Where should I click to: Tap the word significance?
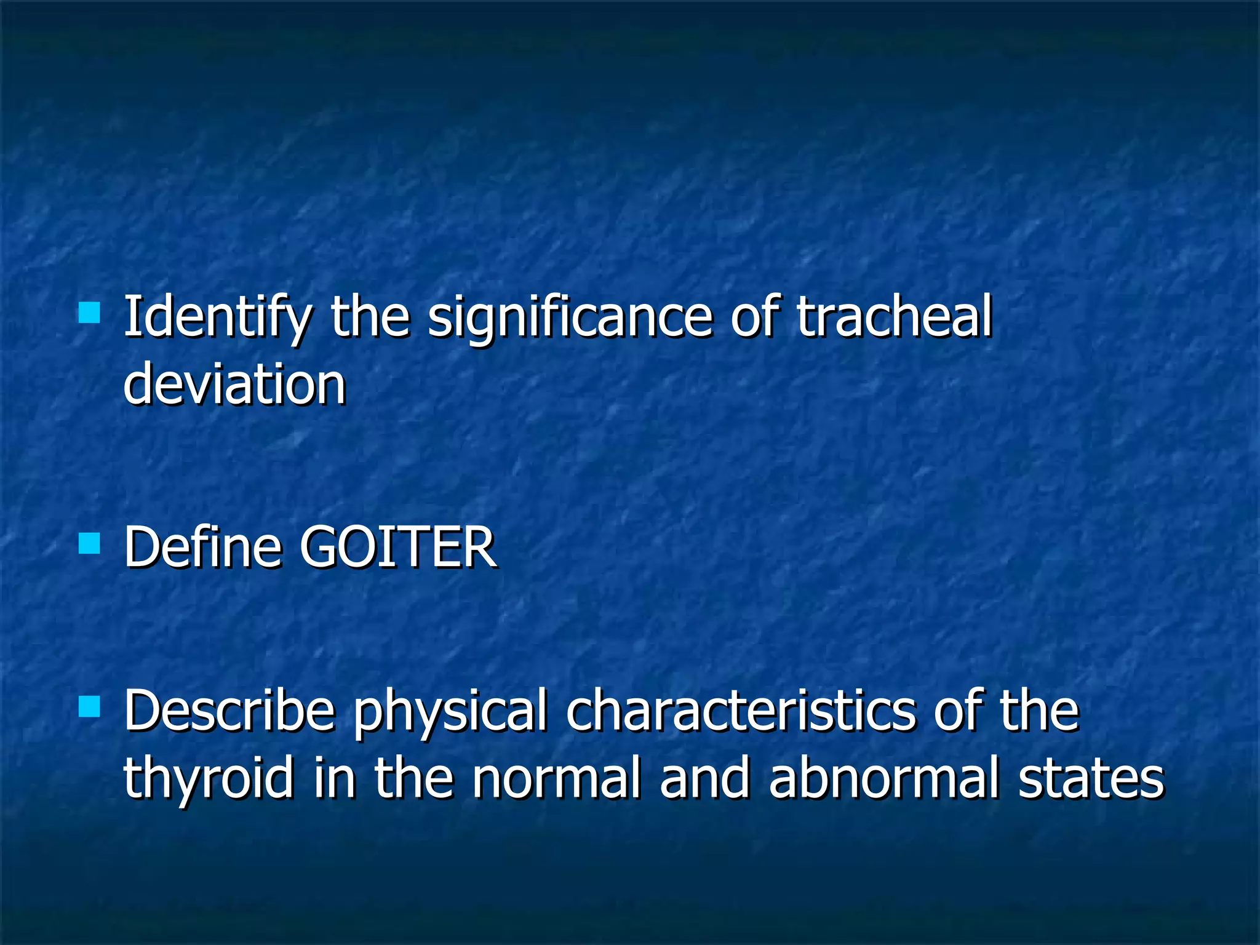tap(570, 319)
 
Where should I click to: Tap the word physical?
tap(450, 712)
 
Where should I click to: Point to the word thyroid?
tap(209, 779)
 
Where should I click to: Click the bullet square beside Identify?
tap(90, 312)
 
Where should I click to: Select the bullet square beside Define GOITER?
tap(90, 543)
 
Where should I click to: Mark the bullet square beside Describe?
tap(90, 706)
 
